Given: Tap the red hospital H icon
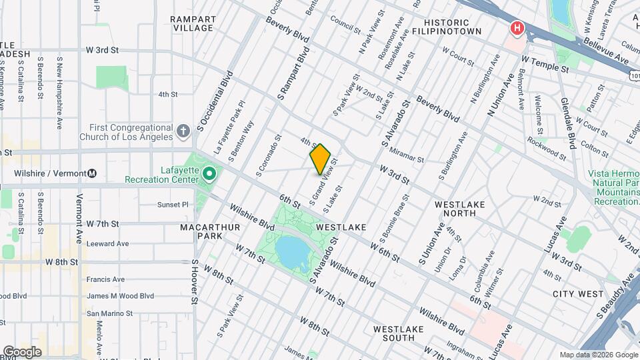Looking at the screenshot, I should (x=517, y=29).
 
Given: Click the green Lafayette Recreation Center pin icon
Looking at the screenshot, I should (x=209, y=174).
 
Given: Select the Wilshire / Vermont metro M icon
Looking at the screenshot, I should (x=92, y=174).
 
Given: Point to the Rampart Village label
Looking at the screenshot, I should (x=193, y=23).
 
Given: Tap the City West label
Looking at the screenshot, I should (x=577, y=293).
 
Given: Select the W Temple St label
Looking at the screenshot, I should (x=545, y=64).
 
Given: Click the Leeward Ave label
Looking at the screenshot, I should (x=108, y=244).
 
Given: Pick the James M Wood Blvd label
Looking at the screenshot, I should (x=120, y=296).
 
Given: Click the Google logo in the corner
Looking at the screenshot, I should (x=22, y=352).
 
